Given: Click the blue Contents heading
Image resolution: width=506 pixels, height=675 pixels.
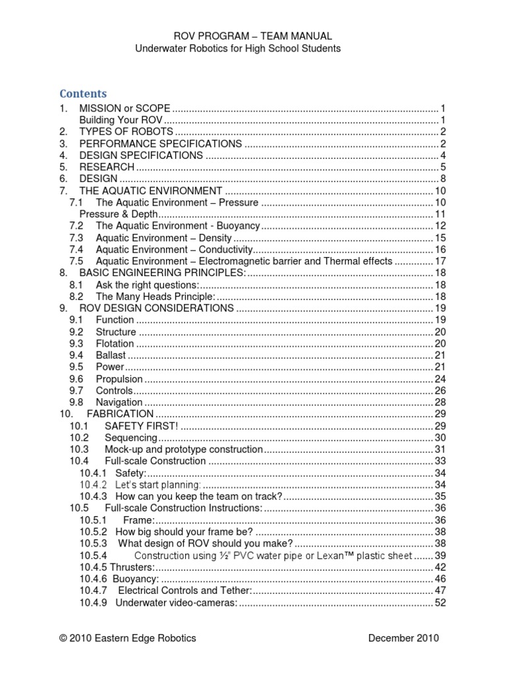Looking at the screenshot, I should point(83,94).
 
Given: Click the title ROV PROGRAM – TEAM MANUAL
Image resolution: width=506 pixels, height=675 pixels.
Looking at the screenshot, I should point(252,36).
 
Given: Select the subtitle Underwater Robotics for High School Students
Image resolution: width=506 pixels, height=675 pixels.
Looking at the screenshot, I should point(238,49).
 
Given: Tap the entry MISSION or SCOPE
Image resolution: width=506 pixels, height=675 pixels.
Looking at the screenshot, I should point(125,108).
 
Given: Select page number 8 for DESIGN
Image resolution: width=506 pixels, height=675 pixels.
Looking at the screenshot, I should point(444,179).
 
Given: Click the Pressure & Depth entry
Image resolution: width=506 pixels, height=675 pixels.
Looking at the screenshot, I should point(119,214).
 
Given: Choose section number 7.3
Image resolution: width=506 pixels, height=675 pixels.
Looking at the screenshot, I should point(76,238).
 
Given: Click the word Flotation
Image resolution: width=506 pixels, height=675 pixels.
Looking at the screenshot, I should point(115,343).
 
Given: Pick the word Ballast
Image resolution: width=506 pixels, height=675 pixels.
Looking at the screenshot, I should point(110,355).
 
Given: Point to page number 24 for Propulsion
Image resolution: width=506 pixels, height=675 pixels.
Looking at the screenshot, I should point(440,379).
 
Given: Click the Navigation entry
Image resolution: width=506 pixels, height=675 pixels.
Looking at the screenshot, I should point(119,402).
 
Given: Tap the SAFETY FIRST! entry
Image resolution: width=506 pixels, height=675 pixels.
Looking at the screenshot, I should point(141,426).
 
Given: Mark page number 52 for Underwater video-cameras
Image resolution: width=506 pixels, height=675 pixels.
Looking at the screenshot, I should point(440,602).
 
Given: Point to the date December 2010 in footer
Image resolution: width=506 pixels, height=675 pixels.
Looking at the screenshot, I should point(403,638).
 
